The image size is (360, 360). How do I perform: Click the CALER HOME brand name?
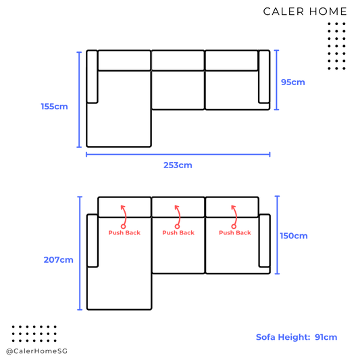click(305, 11)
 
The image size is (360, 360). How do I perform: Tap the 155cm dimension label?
click(55, 107)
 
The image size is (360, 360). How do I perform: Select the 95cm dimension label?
click(293, 82)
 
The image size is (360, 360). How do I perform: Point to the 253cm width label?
click(178, 165)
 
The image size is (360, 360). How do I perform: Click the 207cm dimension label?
click(59, 260)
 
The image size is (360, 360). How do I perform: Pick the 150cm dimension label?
click(294, 236)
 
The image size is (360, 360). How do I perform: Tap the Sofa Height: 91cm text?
click(297, 337)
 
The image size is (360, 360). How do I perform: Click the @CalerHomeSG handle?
click(36, 351)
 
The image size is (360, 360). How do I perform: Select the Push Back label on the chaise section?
click(124, 233)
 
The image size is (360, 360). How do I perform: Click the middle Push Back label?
click(178, 233)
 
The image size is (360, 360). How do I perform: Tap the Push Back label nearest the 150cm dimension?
click(235, 233)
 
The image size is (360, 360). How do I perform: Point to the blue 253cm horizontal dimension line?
click(178, 155)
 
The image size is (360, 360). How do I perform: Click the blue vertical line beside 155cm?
click(79, 99)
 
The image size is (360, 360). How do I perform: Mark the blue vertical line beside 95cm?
click(277, 80)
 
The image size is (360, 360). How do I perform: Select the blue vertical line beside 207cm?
click(80, 253)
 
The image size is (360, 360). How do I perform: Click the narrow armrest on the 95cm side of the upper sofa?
click(264, 76)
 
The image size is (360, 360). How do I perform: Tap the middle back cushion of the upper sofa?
click(178, 60)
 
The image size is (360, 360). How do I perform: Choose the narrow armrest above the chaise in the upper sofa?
click(92, 76)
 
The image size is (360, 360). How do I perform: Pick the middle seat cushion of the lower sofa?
click(178, 245)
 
